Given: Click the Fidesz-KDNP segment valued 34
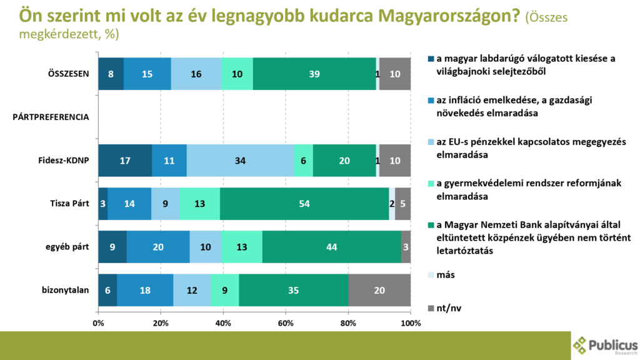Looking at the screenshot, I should tap(240, 160).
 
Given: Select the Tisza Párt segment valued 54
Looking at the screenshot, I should tap(304, 203).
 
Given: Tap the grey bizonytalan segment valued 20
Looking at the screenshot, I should tap(379, 289).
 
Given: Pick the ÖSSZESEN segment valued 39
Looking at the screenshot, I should tap(314, 74).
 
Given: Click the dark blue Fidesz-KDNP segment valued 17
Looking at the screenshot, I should tap(125, 160).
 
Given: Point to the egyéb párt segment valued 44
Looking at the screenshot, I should tap(331, 246).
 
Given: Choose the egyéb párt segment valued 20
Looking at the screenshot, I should tap(158, 246).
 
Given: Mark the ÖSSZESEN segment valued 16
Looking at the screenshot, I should tap(196, 74).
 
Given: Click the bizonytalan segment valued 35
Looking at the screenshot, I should tap(293, 289).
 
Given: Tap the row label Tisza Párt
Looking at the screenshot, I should tap(70, 203).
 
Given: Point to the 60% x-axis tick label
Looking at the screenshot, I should tap(286, 323).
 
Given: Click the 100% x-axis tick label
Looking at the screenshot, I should tap(410, 323).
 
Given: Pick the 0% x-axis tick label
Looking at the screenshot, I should tap(98, 323).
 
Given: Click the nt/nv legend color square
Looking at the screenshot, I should tap(430, 307).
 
